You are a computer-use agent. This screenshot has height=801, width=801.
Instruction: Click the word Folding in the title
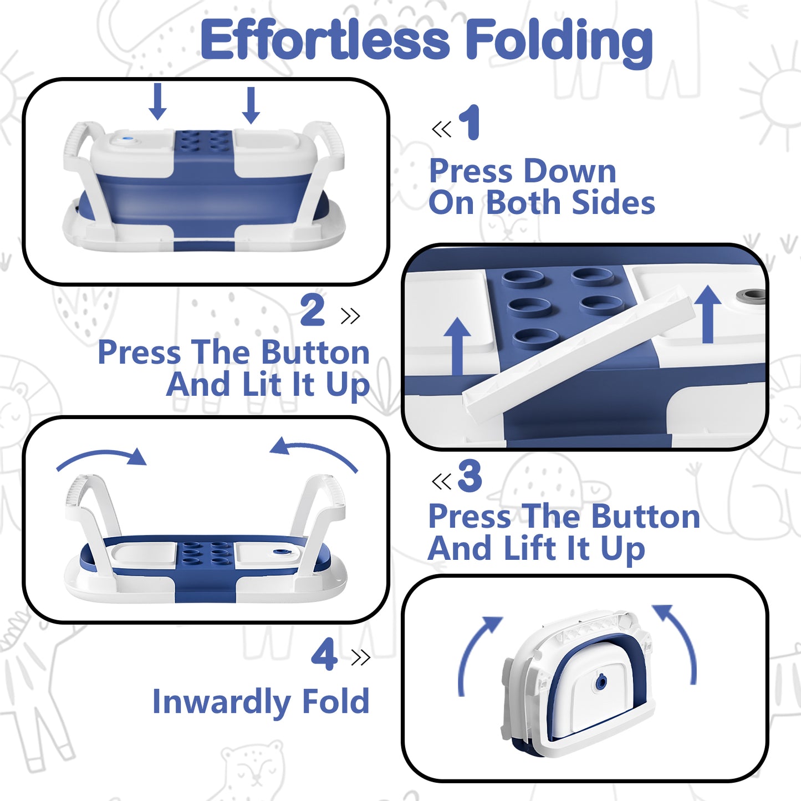(x=559, y=43)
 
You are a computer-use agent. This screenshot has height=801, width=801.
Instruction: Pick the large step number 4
(x=324, y=654)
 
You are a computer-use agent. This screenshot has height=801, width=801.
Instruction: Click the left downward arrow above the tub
(x=157, y=101)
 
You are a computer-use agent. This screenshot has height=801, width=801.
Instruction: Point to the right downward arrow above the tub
(x=251, y=105)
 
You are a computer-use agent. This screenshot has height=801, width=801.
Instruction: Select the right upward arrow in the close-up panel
(x=708, y=314)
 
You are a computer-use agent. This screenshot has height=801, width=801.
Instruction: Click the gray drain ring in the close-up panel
(x=751, y=296)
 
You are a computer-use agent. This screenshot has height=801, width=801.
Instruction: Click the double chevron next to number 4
(x=360, y=657)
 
